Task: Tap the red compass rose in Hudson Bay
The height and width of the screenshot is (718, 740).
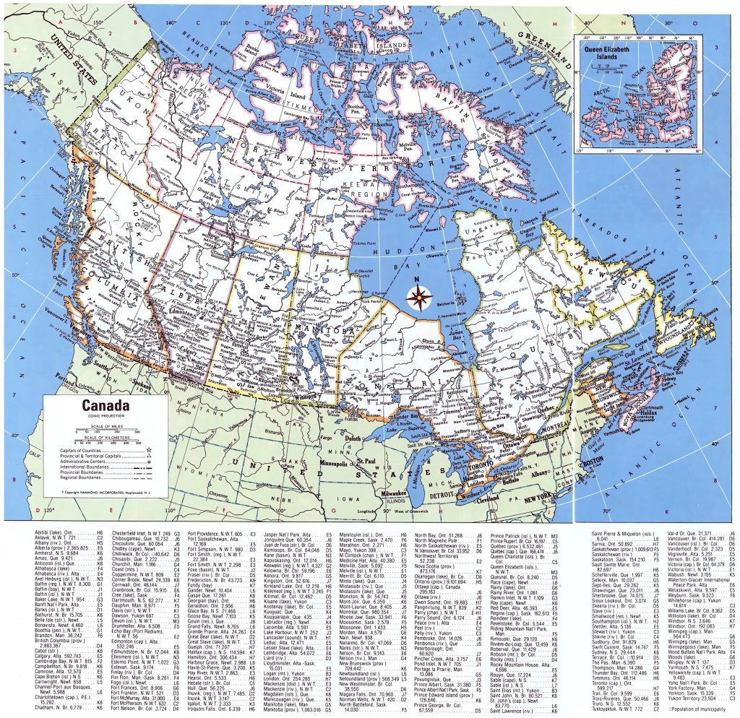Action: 418,295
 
